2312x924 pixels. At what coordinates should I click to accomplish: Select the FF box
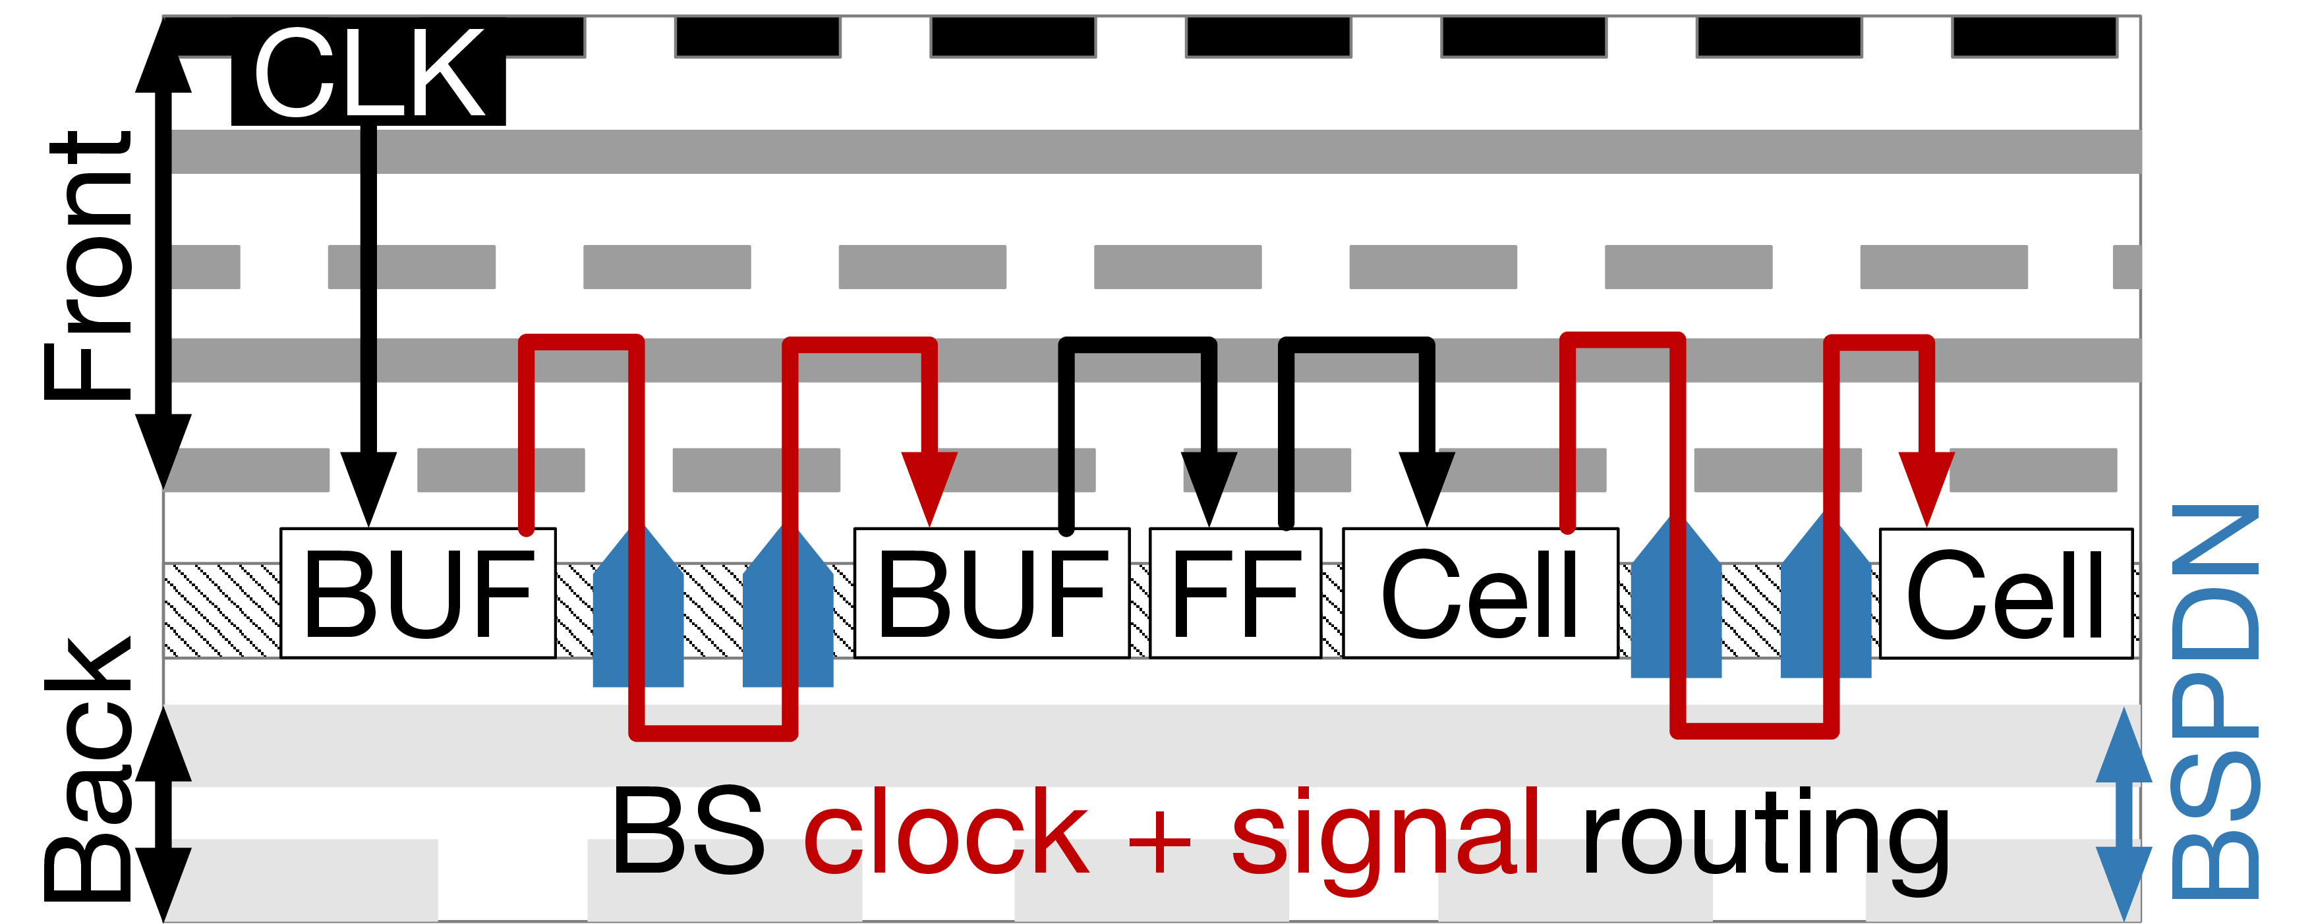[x=1235, y=593]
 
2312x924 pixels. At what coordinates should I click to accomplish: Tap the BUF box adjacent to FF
[x=992, y=593]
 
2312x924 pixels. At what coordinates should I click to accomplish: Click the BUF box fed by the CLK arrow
[x=419, y=593]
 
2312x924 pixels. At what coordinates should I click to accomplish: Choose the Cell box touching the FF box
[x=1481, y=593]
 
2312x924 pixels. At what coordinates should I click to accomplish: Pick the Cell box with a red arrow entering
[x=2006, y=593]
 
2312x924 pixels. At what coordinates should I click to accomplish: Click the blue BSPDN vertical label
[x=2214, y=701]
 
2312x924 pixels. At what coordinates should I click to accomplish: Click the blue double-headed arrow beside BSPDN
[x=2124, y=813]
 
